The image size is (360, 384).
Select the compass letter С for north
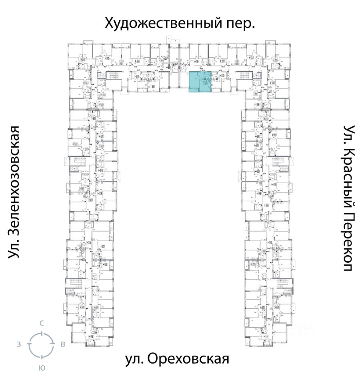tap(41, 324)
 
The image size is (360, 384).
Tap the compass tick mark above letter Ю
tap(41, 357)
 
